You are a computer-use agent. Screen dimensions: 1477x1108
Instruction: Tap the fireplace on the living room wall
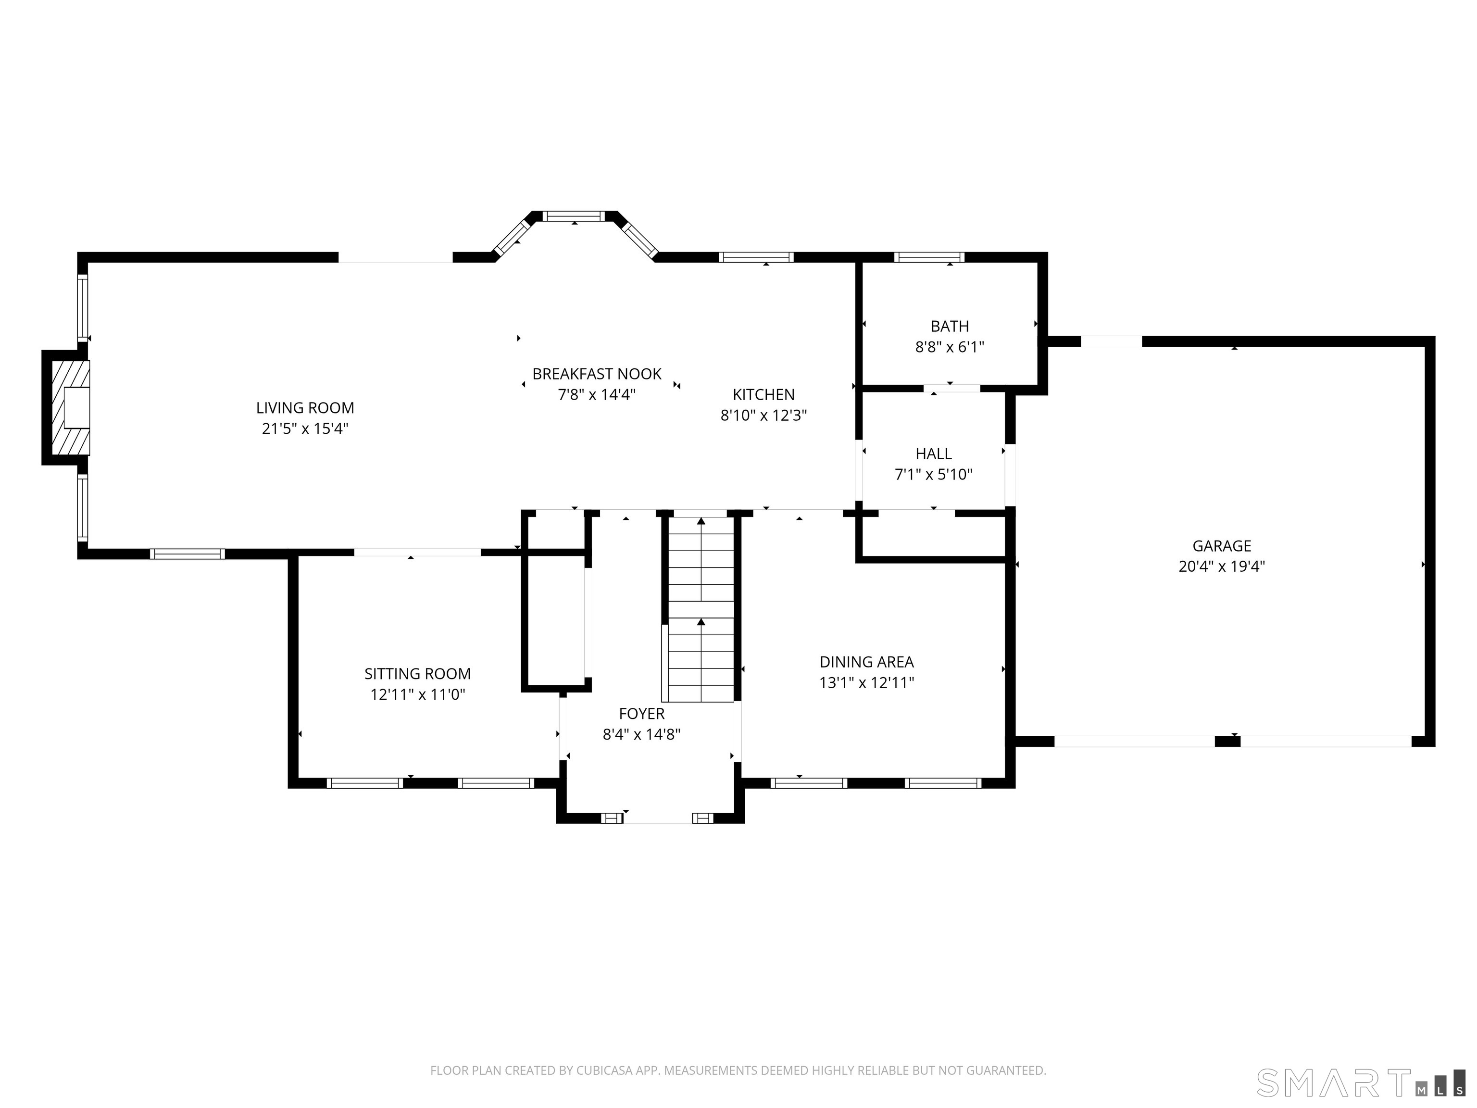pos(66,407)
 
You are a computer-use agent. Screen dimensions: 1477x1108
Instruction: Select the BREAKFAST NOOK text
pos(596,374)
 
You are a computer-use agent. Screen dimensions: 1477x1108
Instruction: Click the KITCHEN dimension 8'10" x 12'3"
pos(763,415)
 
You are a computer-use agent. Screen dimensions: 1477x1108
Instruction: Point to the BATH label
pos(950,326)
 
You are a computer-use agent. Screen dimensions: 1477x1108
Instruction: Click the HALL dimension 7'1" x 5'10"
pos(934,474)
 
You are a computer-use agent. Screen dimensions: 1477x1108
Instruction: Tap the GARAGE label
pos(1221,546)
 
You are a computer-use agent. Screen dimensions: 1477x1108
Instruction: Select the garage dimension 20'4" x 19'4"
pos(1221,567)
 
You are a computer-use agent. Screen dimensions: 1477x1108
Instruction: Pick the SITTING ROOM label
pos(417,674)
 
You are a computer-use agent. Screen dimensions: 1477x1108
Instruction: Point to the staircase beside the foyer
pos(701,609)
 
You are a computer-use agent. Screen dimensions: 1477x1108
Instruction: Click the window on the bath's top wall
pos(929,257)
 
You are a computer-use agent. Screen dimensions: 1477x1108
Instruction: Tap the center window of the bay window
pos(574,216)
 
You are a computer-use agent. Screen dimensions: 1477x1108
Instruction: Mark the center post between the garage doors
pos(1227,742)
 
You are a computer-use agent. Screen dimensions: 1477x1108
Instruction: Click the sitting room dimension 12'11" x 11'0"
pos(417,694)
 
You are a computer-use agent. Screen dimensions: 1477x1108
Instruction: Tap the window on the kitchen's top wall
pos(756,257)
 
